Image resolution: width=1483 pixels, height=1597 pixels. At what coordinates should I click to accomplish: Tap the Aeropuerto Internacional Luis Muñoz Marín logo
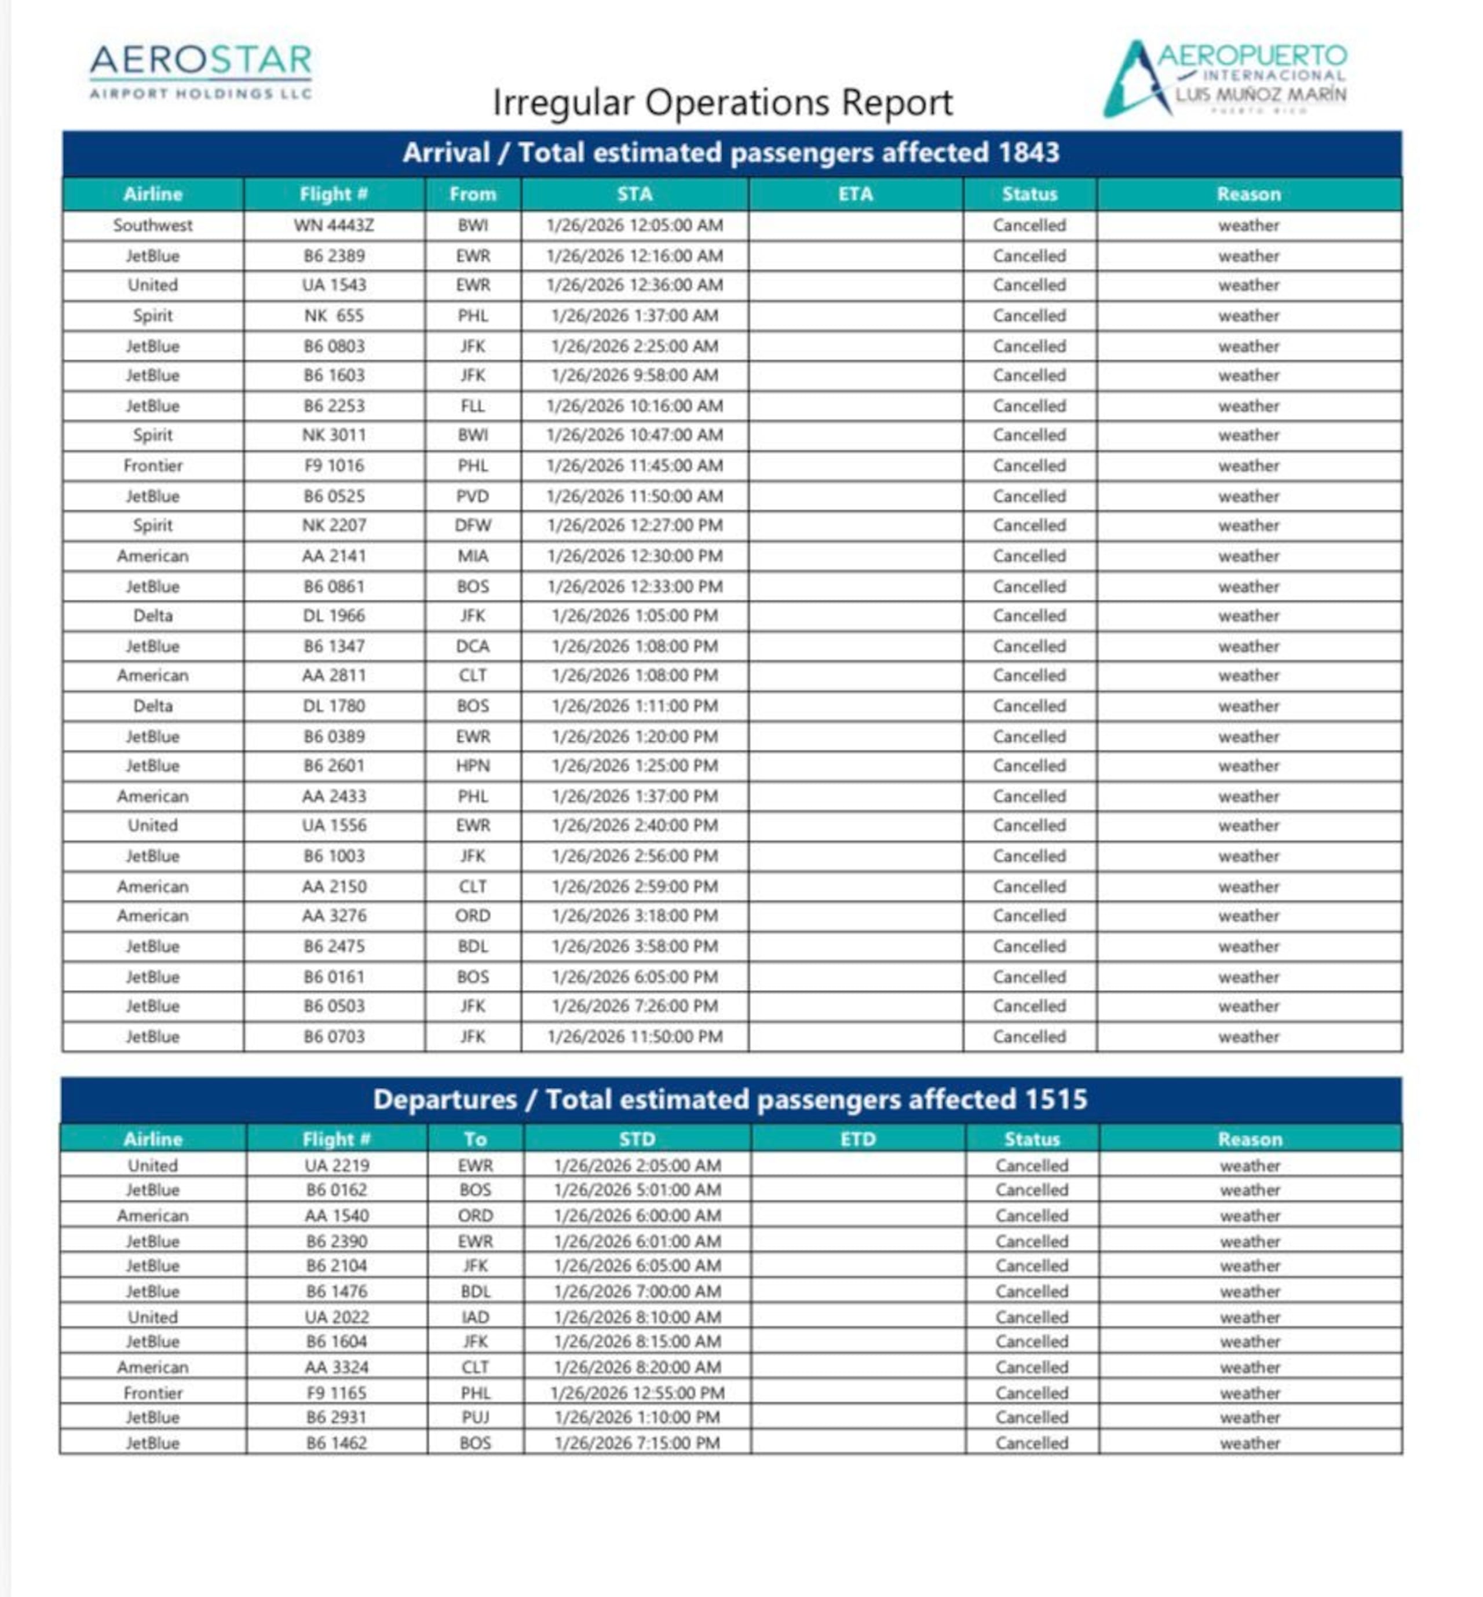(x=1225, y=78)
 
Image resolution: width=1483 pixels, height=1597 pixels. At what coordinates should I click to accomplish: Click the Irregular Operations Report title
(x=722, y=102)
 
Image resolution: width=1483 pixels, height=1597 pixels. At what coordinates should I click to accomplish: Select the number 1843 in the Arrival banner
(x=1029, y=152)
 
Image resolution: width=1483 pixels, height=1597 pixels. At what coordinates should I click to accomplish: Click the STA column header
(x=635, y=194)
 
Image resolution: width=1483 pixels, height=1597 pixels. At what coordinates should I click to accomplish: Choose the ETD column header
(x=858, y=1139)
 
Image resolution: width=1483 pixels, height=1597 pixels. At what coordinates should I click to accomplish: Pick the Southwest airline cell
(x=152, y=225)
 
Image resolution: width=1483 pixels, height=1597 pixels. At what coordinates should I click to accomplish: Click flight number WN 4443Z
(x=334, y=225)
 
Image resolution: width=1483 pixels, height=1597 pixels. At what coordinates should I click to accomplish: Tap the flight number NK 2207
(x=334, y=525)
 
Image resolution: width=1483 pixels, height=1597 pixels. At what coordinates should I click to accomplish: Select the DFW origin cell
(x=473, y=525)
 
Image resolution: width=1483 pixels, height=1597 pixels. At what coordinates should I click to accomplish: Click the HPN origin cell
(x=473, y=766)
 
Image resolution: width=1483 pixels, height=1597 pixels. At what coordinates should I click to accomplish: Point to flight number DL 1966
(x=334, y=616)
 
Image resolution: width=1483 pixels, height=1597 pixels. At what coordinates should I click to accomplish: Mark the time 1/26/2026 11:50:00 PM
(x=635, y=1036)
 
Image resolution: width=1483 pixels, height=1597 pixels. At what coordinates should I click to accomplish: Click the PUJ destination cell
(x=475, y=1417)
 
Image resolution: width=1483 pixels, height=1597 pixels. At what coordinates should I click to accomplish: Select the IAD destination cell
(x=475, y=1317)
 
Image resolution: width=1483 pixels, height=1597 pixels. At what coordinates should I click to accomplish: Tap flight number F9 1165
(x=336, y=1393)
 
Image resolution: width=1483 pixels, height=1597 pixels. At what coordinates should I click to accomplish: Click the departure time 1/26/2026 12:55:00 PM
(x=637, y=1393)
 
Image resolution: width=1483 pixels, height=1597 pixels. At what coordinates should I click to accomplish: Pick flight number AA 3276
(x=334, y=916)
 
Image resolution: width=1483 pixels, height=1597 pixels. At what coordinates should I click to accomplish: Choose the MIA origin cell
(x=473, y=556)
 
